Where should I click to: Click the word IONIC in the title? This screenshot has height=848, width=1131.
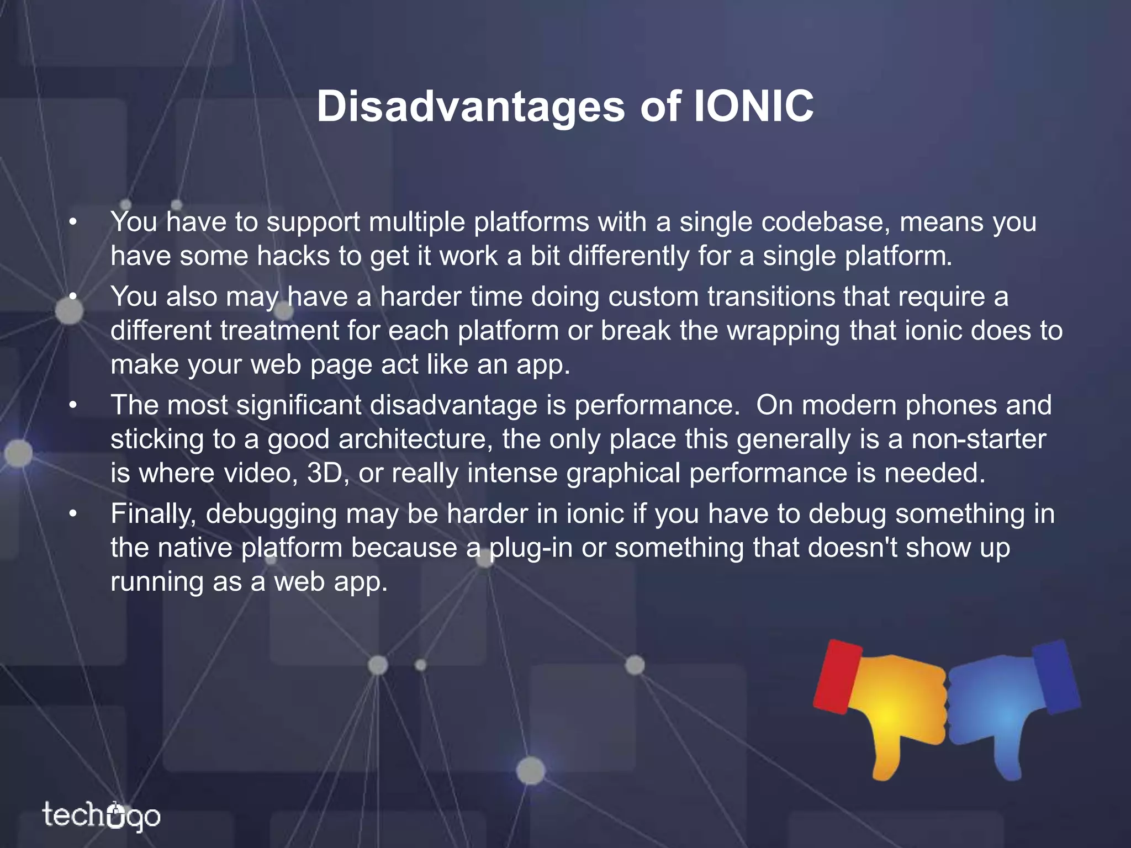pos(753,106)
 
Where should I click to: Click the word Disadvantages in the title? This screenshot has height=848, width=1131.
pos(471,106)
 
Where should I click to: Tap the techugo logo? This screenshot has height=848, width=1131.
pos(102,816)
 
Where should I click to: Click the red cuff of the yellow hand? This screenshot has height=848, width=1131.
pos(837,676)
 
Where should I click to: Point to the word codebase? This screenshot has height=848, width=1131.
pos(825,222)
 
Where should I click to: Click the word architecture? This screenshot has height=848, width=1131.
pos(412,439)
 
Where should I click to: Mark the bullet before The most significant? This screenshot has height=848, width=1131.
pos(72,406)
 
